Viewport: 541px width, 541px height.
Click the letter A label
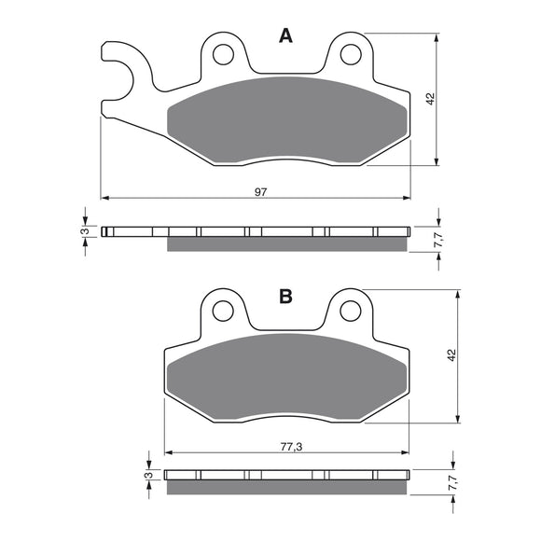coord(285,36)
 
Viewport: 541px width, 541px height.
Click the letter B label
coord(285,297)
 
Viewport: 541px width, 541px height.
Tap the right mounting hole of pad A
coord(351,54)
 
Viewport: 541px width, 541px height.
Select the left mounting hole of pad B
coord(224,311)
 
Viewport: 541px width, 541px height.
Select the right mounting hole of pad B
coord(351,309)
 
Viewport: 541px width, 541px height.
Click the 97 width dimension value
coord(261,191)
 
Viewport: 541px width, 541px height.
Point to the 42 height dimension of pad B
coord(451,355)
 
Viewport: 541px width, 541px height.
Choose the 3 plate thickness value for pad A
coord(85,231)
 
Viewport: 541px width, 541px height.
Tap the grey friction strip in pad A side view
coord(285,244)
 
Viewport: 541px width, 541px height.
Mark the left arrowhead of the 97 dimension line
coord(105,198)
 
